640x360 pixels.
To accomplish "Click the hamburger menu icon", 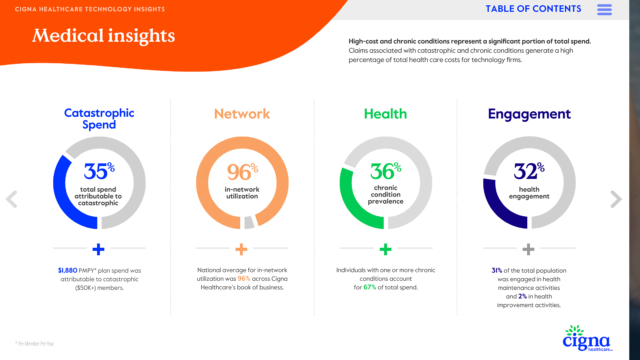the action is tap(604, 10).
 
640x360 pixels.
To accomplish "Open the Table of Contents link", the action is tap(533, 9).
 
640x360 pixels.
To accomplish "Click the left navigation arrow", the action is tap(11, 199).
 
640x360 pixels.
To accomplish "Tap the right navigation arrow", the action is tap(616, 199).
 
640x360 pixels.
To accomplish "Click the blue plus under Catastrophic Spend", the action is tap(98, 249).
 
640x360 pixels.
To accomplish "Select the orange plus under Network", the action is tap(241, 249).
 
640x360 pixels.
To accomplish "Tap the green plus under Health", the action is tap(386, 249).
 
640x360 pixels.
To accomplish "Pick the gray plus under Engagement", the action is tap(528, 249).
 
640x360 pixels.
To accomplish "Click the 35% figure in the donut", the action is tap(99, 171).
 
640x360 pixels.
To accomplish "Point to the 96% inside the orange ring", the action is tap(243, 172).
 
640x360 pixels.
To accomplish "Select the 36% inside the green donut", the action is tap(386, 171).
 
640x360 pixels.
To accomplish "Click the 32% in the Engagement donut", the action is tap(529, 171).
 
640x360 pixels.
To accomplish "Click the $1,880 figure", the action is tap(68, 270).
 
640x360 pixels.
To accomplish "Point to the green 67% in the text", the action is tap(370, 287).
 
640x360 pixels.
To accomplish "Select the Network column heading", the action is tap(242, 114).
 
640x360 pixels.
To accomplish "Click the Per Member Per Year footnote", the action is tap(35, 344).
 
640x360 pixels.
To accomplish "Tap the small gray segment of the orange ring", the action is tap(249, 222).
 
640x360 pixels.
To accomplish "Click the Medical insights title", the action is tap(104, 36).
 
